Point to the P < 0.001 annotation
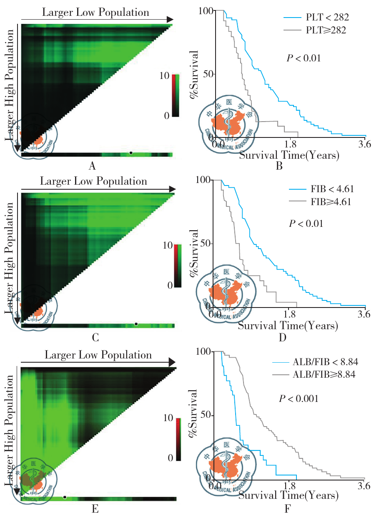pyautogui.click(x=299, y=399)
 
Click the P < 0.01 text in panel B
pyautogui.click(x=304, y=58)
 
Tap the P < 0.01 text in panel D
pyautogui.click(x=306, y=224)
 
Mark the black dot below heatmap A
pyautogui.click(x=131, y=153)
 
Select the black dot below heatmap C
pyautogui.click(x=136, y=324)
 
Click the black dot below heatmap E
pyautogui.click(x=65, y=497)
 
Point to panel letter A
pyautogui.click(x=93, y=166)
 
